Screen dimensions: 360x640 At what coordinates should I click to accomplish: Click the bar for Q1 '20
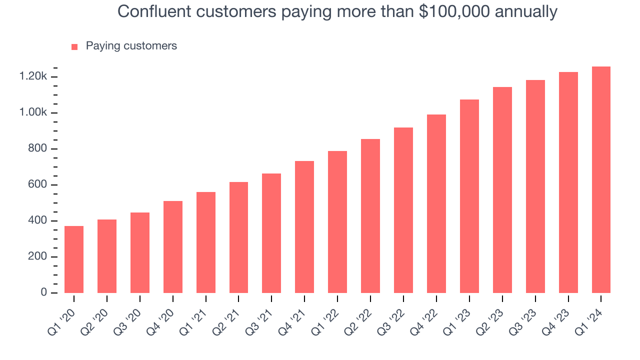pos(74,259)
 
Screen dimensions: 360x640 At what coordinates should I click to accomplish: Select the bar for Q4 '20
pos(173,247)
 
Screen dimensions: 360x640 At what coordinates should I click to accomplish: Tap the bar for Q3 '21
pos(271,233)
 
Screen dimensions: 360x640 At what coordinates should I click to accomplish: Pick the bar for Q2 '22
pos(370,216)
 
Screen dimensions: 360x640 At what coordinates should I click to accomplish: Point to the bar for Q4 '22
pos(436,203)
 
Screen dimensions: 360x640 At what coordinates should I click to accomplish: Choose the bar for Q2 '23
pos(502,190)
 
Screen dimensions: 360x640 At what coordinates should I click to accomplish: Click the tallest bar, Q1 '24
pos(601,180)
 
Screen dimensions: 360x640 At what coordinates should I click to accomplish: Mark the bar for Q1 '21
pos(206,242)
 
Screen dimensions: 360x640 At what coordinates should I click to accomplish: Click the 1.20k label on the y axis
pos(33,77)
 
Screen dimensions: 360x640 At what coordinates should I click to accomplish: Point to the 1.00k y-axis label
pos(33,113)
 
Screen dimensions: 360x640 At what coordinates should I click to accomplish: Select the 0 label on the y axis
pos(43,292)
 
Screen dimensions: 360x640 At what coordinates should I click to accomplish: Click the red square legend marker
pos(74,47)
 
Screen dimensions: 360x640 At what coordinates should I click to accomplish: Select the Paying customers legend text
pos(131,46)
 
